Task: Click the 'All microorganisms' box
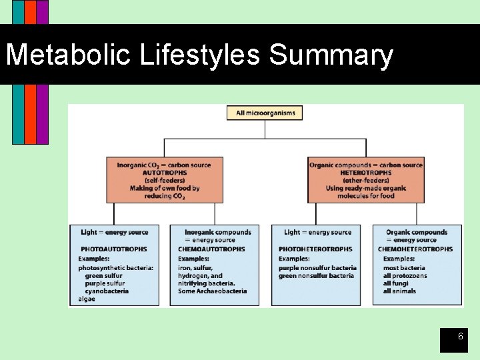(x=265, y=113)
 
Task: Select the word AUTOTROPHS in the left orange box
(x=165, y=173)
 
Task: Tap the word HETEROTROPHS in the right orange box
(x=365, y=173)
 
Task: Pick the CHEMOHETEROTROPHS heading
(x=415, y=249)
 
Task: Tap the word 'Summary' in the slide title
(x=331, y=55)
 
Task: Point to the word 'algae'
(x=87, y=299)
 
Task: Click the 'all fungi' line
(x=396, y=283)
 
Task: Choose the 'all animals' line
(x=399, y=291)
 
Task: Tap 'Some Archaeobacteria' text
(x=212, y=291)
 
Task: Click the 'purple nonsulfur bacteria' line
(x=317, y=268)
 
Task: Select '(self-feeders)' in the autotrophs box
(x=165, y=181)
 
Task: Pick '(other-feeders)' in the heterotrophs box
(x=365, y=181)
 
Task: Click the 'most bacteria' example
(x=404, y=268)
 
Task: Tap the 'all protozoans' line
(x=405, y=276)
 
